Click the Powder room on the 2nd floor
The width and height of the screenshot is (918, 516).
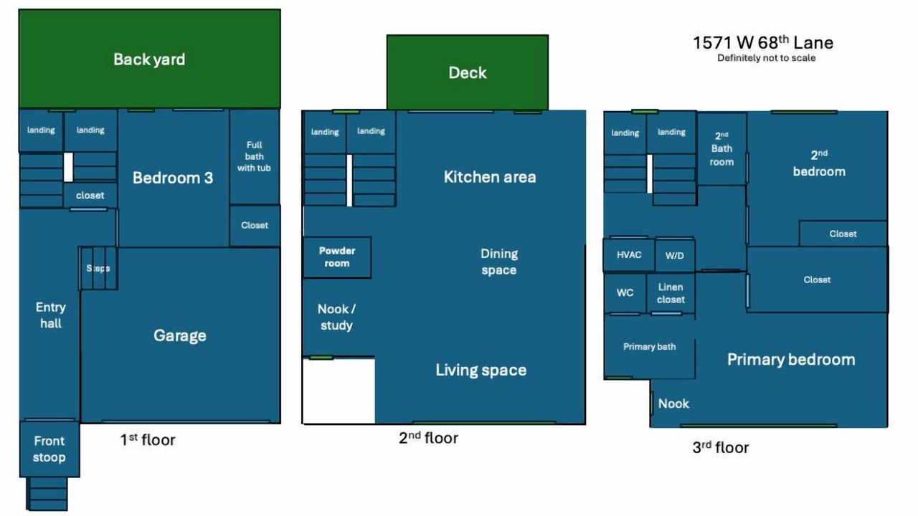[337, 257]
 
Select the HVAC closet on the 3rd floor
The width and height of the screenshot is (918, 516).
[629, 254]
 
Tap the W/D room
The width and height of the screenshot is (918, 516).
[675, 255]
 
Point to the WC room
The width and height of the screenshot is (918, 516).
[625, 293]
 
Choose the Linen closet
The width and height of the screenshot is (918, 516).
[671, 293]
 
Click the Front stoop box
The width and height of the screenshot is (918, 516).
[49, 449]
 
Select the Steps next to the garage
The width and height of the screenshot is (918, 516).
[99, 268]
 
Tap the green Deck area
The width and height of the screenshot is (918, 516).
[468, 72]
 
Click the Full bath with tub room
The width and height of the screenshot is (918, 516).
[255, 156]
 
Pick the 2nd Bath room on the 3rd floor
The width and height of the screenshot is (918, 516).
[721, 149]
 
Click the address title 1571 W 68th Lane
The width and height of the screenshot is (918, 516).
[763, 42]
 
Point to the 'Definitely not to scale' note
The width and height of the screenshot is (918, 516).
[767, 58]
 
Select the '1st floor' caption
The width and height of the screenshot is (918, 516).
[148, 440]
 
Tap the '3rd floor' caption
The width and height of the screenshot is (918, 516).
[721, 447]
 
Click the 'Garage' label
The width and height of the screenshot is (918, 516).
[180, 335]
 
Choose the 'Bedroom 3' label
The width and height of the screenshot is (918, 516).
[173, 178]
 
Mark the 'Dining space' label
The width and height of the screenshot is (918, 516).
[499, 262]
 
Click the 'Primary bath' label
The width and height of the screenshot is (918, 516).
[650, 346]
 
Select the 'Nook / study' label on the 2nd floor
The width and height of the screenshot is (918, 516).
[336, 317]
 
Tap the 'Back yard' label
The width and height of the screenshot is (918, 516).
[149, 59]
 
